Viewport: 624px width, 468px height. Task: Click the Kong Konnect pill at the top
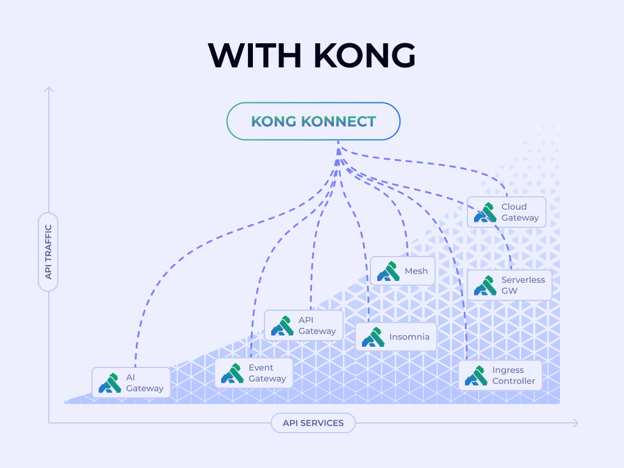click(x=313, y=121)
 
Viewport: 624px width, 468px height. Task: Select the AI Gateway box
click(x=132, y=383)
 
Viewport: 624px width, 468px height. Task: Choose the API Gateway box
click(x=303, y=325)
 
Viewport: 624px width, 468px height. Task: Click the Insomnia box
click(x=396, y=337)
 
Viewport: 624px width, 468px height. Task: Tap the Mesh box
click(x=403, y=271)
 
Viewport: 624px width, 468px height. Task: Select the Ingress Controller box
click(x=500, y=375)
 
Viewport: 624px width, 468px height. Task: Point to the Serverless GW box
click(x=509, y=285)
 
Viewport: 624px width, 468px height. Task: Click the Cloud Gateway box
click(x=507, y=212)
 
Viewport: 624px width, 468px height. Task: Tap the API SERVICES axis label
click(x=313, y=423)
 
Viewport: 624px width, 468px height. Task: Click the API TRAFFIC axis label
click(x=48, y=252)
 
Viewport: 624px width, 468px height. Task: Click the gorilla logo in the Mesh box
click(x=388, y=271)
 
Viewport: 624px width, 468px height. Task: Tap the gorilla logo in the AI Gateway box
click(x=110, y=383)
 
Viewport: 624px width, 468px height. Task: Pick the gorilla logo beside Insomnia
click(x=373, y=337)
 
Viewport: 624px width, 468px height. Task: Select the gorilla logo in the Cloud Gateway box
click(x=485, y=212)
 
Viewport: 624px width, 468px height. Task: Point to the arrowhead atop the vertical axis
click(x=49, y=90)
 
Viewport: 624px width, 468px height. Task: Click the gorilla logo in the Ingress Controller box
click(x=476, y=375)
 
